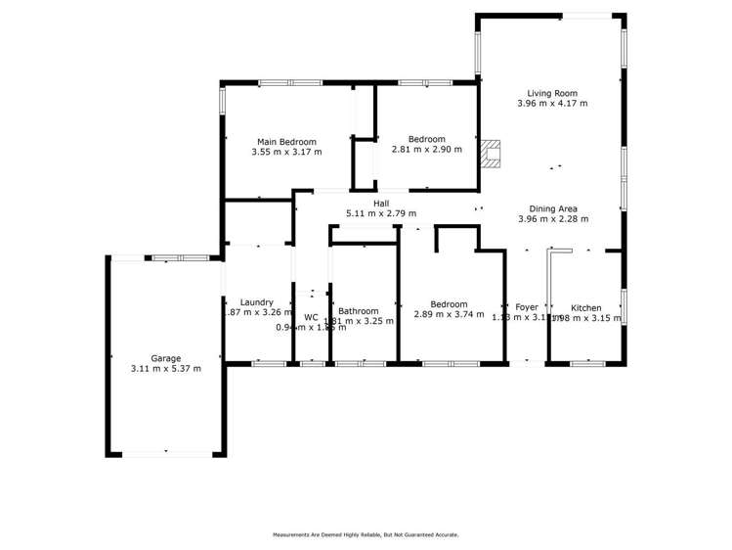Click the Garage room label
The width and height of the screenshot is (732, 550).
click(165, 358)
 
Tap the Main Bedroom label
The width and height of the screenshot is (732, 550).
click(286, 142)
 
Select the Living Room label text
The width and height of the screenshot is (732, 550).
click(552, 93)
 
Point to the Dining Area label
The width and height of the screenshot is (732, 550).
click(553, 208)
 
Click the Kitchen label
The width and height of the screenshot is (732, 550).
click(585, 307)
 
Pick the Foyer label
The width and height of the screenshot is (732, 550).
click(527, 305)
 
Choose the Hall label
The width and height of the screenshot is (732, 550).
click(381, 204)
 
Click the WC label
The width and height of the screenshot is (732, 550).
click(311, 317)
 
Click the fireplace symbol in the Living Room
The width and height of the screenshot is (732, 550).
click(491, 154)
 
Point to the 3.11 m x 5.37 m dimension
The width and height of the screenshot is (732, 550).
click(165, 369)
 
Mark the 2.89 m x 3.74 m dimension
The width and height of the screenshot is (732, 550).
click(449, 314)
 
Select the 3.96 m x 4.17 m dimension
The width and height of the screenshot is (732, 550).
click(552, 103)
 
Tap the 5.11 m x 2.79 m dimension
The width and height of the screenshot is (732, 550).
click(381, 213)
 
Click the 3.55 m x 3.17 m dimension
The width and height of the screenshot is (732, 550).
click(286, 152)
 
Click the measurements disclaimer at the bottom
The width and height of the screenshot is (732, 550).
click(366, 534)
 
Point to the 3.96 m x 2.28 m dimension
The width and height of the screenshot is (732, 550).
click(553, 219)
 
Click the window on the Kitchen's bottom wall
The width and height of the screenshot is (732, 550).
click(586, 364)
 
